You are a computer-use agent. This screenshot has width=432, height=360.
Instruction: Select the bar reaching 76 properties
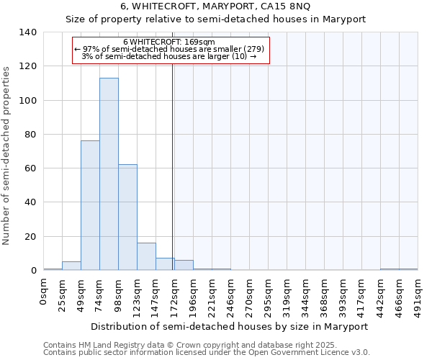(90, 205)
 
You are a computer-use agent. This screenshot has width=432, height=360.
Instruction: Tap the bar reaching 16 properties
(146, 256)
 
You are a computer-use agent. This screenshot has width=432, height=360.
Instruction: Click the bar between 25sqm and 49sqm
(71, 266)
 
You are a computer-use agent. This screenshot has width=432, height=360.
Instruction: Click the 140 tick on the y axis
(28, 32)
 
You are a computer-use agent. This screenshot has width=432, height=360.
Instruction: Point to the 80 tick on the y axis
(31, 135)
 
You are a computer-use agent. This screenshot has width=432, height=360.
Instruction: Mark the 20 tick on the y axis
(31, 237)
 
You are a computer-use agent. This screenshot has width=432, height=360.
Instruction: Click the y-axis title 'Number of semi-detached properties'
(7, 155)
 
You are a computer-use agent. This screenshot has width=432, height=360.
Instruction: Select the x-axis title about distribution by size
(230, 326)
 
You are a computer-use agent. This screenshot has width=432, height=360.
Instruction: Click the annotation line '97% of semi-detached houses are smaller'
(170, 49)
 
